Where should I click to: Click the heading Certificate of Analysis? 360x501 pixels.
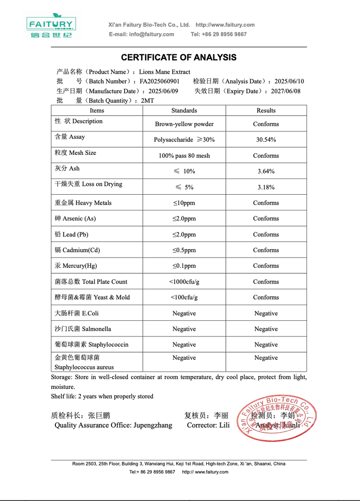click(x=179, y=58)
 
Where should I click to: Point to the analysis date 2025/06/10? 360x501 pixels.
click(x=289, y=81)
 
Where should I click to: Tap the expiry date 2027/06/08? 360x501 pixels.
click(x=286, y=91)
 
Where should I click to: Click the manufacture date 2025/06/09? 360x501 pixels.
click(x=163, y=91)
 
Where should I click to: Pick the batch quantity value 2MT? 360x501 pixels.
click(x=147, y=101)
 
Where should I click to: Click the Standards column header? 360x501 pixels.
click(x=184, y=110)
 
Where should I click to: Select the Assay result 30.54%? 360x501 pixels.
click(x=266, y=140)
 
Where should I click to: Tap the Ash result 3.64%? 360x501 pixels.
click(x=266, y=171)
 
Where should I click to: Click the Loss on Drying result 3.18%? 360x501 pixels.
click(x=266, y=187)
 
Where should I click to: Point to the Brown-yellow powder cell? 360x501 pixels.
click(x=184, y=124)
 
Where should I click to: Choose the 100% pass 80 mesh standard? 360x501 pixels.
click(x=184, y=156)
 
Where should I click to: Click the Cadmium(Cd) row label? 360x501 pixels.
click(x=78, y=250)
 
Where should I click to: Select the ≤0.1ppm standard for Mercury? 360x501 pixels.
click(x=184, y=266)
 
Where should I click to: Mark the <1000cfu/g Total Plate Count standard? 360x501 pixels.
click(x=184, y=282)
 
